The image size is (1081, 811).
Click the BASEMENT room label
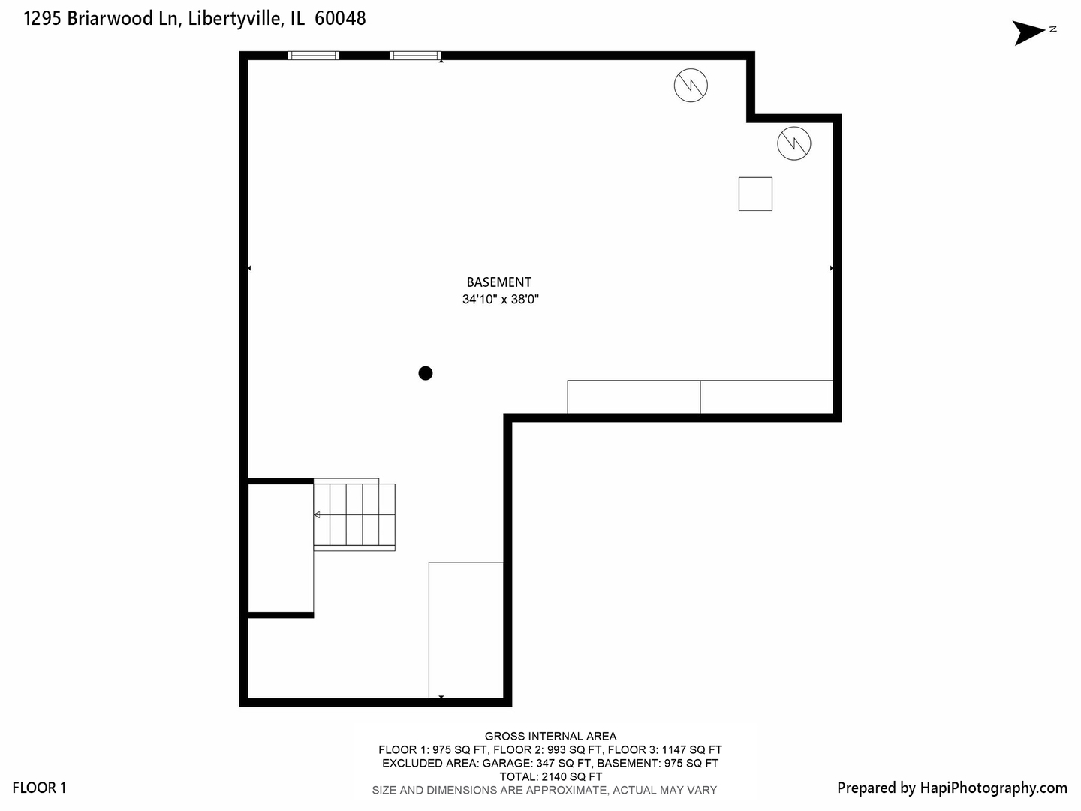point(498,282)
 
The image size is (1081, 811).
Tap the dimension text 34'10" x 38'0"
point(501,300)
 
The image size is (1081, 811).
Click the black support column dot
point(426,373)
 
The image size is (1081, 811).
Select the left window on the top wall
point(314,55)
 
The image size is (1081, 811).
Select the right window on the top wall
point(414,55)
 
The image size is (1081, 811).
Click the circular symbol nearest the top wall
point(691,85)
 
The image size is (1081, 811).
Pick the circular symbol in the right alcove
point(794,143)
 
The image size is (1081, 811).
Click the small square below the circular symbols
point(755,194)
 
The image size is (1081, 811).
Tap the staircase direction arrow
point(318,514)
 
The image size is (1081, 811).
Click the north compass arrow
point(1030,32)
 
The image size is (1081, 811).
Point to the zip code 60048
point(340,19)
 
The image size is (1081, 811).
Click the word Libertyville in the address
point(235,19)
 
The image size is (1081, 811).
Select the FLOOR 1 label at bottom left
point(39,788)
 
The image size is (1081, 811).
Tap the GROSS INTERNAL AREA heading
point(550,737)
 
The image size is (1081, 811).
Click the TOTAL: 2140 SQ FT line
point(550,776)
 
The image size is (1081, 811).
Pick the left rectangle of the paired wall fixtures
point(634,396)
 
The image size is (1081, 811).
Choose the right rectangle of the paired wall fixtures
point(766,396)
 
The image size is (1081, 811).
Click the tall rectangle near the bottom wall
point(465,629)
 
